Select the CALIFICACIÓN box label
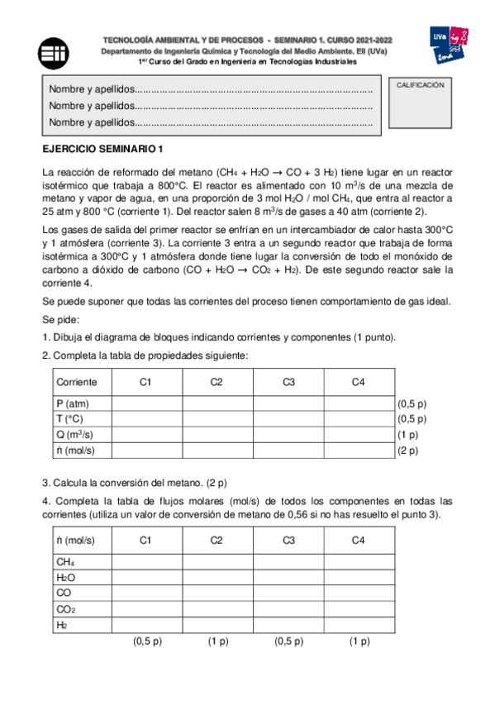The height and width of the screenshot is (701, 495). (x=421, y=85)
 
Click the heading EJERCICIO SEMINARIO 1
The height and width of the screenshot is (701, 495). (x=103, y=149)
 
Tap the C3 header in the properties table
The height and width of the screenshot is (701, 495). (x=288, y=382)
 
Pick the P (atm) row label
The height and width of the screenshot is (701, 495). (x=72, y=404)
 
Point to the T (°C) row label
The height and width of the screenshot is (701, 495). (x=71, y=419)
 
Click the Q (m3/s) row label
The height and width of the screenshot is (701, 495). (x=74, y=435)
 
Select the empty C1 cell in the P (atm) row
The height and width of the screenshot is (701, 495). (x=147, y=404)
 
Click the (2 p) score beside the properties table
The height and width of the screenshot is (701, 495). (x=408, y=451)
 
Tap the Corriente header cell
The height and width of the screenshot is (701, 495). (x=77, y=382)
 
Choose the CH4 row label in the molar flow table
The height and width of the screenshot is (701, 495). (x=65, y=561)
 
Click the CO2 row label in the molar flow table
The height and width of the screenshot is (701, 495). (x=65, y=609)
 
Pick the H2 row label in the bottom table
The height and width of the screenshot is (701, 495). (x=62, y=625)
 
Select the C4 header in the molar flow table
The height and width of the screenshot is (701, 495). (x=358, y=540)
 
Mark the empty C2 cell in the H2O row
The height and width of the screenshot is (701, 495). (x=217, y=577)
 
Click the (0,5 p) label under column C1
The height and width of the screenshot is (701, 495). (x=147, y=641)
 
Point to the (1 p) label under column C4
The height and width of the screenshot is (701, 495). (x=359, y=641)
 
